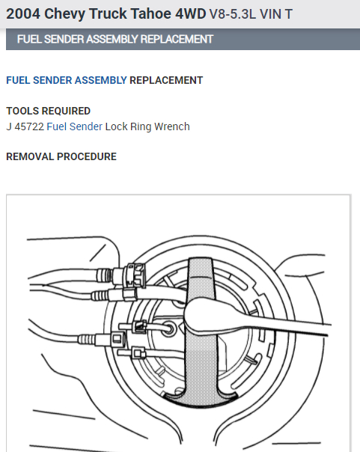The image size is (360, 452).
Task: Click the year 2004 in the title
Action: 23,13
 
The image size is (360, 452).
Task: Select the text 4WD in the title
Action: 191,13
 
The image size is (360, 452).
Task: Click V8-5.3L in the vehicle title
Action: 232,14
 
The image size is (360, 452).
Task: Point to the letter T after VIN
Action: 289,14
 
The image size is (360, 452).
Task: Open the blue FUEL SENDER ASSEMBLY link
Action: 67,80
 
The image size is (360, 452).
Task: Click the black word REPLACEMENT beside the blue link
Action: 166,80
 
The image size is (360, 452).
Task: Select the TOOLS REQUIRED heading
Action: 49,111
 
